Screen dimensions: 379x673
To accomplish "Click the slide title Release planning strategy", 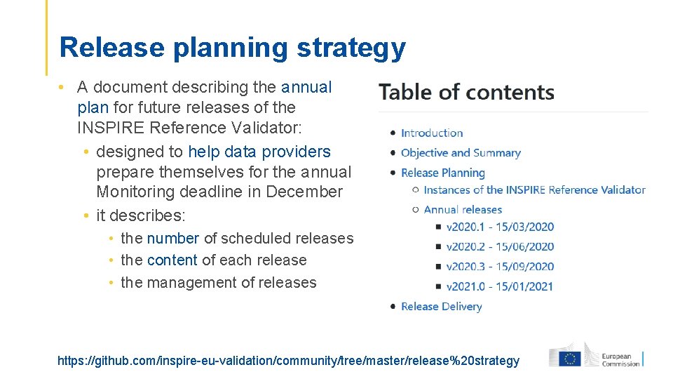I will tap(232, 48).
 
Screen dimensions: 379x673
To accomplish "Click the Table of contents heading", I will tap(466, 92).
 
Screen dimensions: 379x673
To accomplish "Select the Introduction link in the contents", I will tap(432, 133).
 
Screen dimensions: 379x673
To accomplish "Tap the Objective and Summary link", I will tap(461, 152).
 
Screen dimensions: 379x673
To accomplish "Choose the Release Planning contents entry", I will tap(443, 173).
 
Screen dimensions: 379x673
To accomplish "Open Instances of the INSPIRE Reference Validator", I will tap(534, 189).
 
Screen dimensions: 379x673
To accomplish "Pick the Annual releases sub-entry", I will tap(463, 209).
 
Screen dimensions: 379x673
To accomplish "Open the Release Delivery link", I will tap(442, 306).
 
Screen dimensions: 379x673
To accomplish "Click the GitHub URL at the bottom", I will tap(288, 361).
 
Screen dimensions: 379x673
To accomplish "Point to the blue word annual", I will tap(306, 87).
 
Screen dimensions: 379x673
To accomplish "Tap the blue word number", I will tap(173, 239).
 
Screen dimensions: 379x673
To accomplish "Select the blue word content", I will tap(172, 260).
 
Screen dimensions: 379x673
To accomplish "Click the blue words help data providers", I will tap(259, 152).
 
